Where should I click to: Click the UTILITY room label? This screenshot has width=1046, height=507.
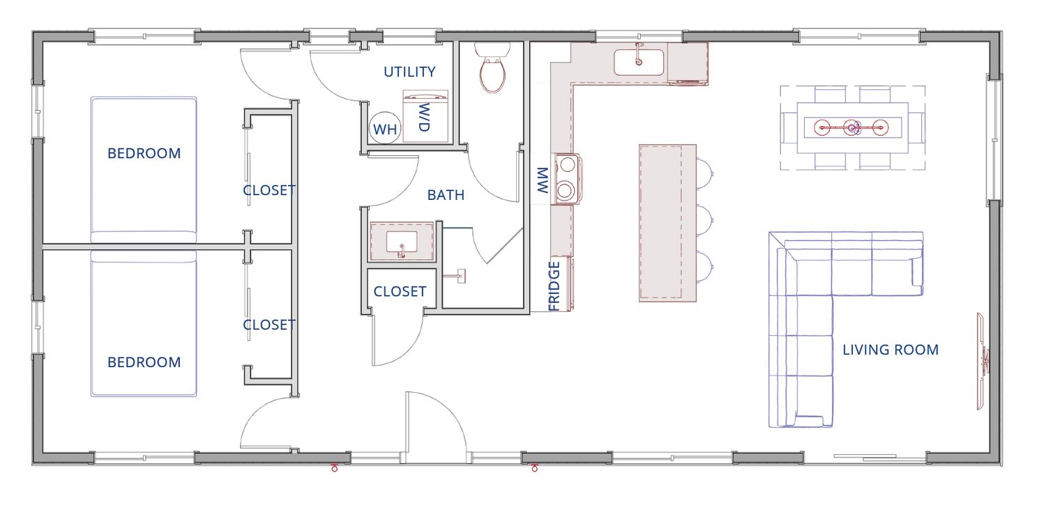pos(409,72)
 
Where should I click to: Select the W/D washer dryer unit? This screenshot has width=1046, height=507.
pos(425,116)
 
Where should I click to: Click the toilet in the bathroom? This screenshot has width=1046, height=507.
pos(492,68)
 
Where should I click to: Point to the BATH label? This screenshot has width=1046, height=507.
pos(446,195)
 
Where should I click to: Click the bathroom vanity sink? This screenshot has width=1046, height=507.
pos(402,242)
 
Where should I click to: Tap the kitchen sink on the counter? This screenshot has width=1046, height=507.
pos(639,61)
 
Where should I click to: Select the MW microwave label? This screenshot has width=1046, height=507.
pos(542,180)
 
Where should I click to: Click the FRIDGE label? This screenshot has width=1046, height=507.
pos(554,286)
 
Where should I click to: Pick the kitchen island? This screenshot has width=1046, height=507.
pos(667,223)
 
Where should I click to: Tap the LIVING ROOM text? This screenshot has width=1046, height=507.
pos(890,350)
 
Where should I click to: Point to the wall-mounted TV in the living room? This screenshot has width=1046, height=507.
pos(982,361)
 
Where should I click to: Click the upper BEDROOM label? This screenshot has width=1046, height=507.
pos(144,153)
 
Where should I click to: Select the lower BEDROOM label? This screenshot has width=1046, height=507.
pos(144,362)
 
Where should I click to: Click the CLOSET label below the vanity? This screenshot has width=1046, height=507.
pos(400,292)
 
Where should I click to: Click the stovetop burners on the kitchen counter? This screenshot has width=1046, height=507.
pos(566,179)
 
